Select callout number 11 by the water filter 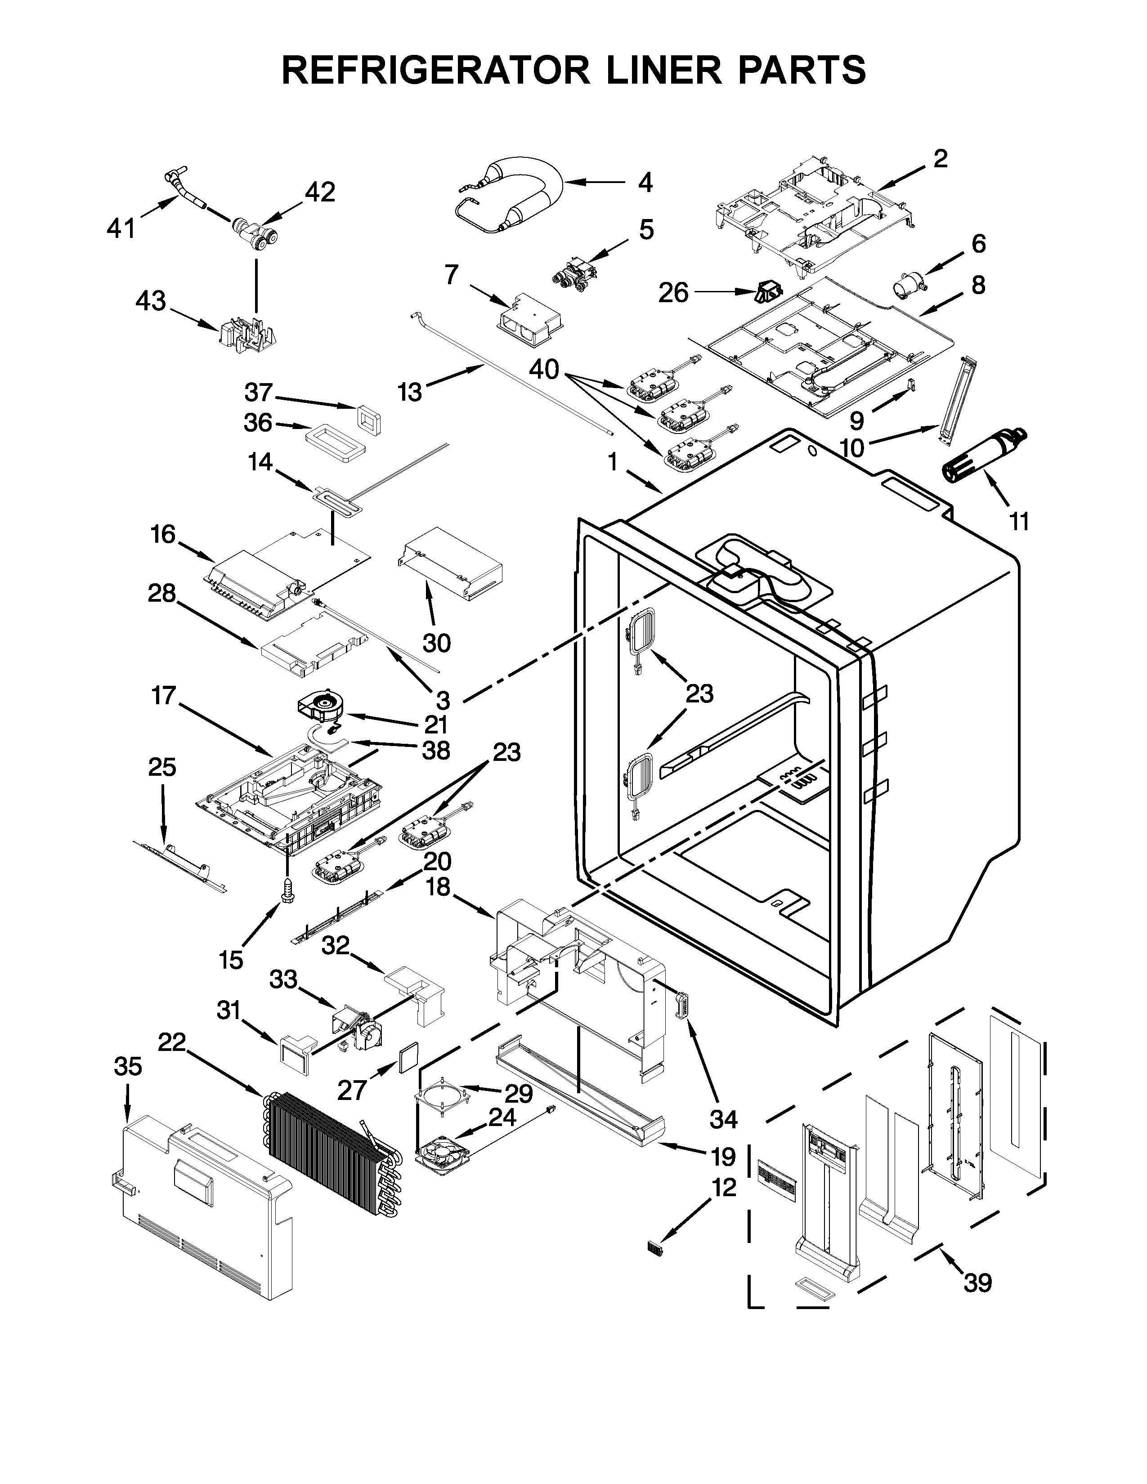click(1018, 521)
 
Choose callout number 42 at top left click(319, 192)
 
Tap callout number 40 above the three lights click(544, 369)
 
